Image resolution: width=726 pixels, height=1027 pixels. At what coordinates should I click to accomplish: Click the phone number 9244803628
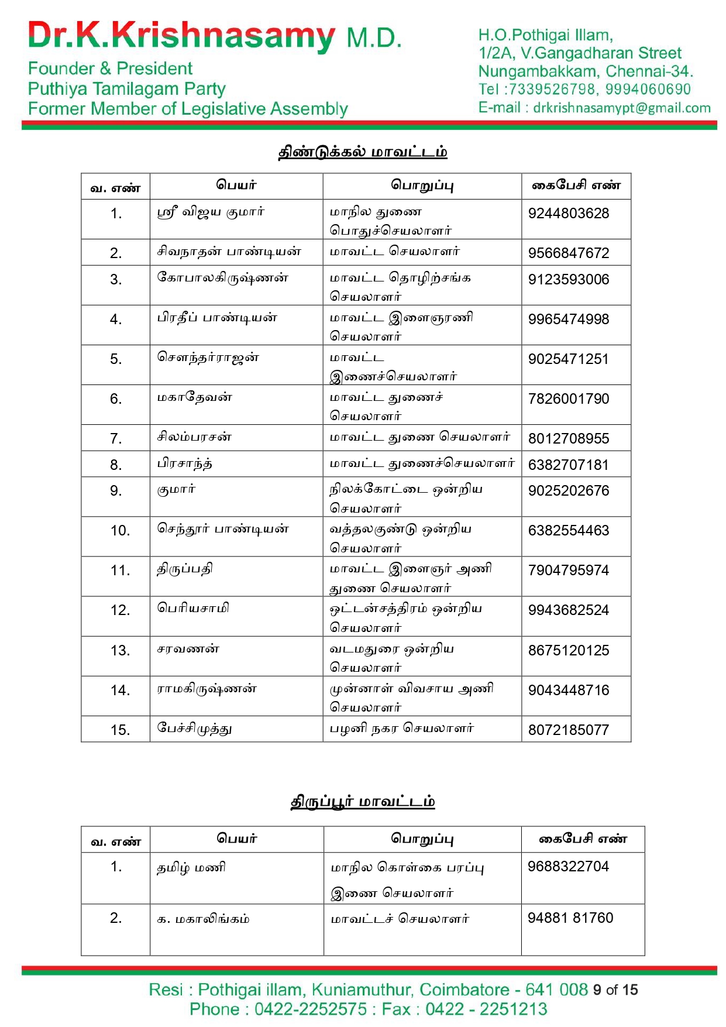tap(568, 214)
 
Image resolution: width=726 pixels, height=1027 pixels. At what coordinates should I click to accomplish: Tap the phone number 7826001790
tap(568, 399)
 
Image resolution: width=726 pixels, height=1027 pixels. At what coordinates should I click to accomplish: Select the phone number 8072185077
tap(568, 730)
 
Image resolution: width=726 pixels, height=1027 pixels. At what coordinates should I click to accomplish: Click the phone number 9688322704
tap(568, 867)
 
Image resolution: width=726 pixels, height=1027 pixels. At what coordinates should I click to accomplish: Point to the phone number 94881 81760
tap(570, 918)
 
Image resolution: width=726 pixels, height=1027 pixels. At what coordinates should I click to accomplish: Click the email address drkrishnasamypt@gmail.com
tap(621, 108)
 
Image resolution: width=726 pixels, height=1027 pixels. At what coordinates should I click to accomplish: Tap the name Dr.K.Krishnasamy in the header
tap(181, 36)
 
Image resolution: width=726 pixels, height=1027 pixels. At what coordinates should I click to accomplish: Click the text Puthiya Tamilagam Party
tap(126, 89)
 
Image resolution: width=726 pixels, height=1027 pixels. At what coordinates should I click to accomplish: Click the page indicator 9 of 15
tap(615, 990)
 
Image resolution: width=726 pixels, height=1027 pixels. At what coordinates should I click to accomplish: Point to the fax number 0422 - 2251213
tap(486, 1009)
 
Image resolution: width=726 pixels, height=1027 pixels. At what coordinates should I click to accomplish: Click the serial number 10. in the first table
tap(120, 531)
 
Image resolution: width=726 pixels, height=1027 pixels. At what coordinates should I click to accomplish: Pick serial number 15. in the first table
tap(120, 730)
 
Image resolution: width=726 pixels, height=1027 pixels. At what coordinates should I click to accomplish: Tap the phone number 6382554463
tap(568, 531)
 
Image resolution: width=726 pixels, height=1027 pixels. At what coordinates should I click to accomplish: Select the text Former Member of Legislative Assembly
tap(188, 109)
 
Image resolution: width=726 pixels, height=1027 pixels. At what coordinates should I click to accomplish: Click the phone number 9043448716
tap(568, 691)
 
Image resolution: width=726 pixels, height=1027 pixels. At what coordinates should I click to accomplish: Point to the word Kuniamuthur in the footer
tap(362, 990)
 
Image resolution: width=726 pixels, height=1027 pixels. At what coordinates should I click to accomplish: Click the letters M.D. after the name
tap(374, 39)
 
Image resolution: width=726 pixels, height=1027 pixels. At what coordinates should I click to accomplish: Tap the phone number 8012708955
tap(568, 439)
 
